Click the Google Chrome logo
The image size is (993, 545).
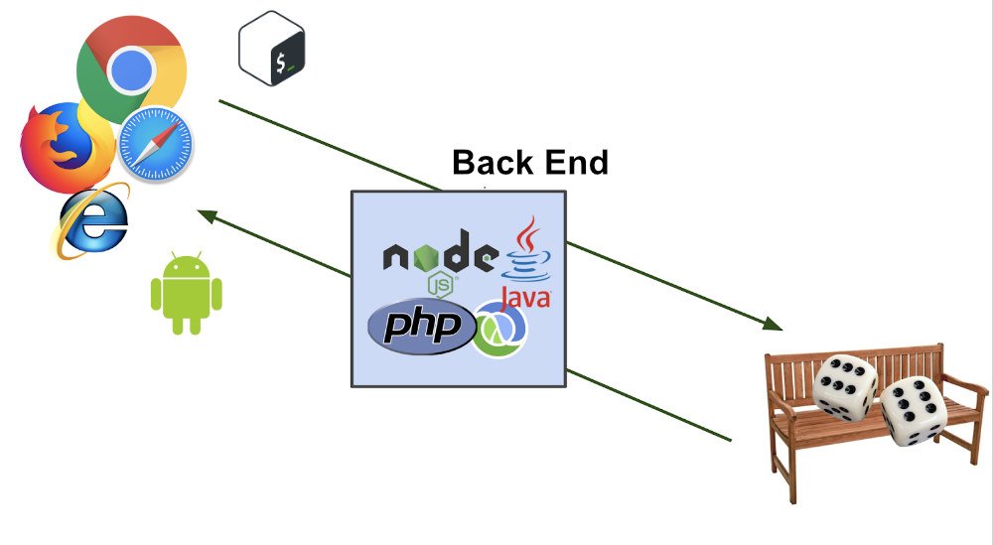tap(130, 69)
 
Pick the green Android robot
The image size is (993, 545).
tap(186, 294)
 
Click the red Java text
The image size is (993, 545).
tap(525, 297)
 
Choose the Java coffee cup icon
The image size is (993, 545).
tap(529, 248)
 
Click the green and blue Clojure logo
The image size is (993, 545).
tap(500, 329)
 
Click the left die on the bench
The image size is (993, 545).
tap(845, 386)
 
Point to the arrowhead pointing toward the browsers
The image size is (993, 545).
tap(207, 214)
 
